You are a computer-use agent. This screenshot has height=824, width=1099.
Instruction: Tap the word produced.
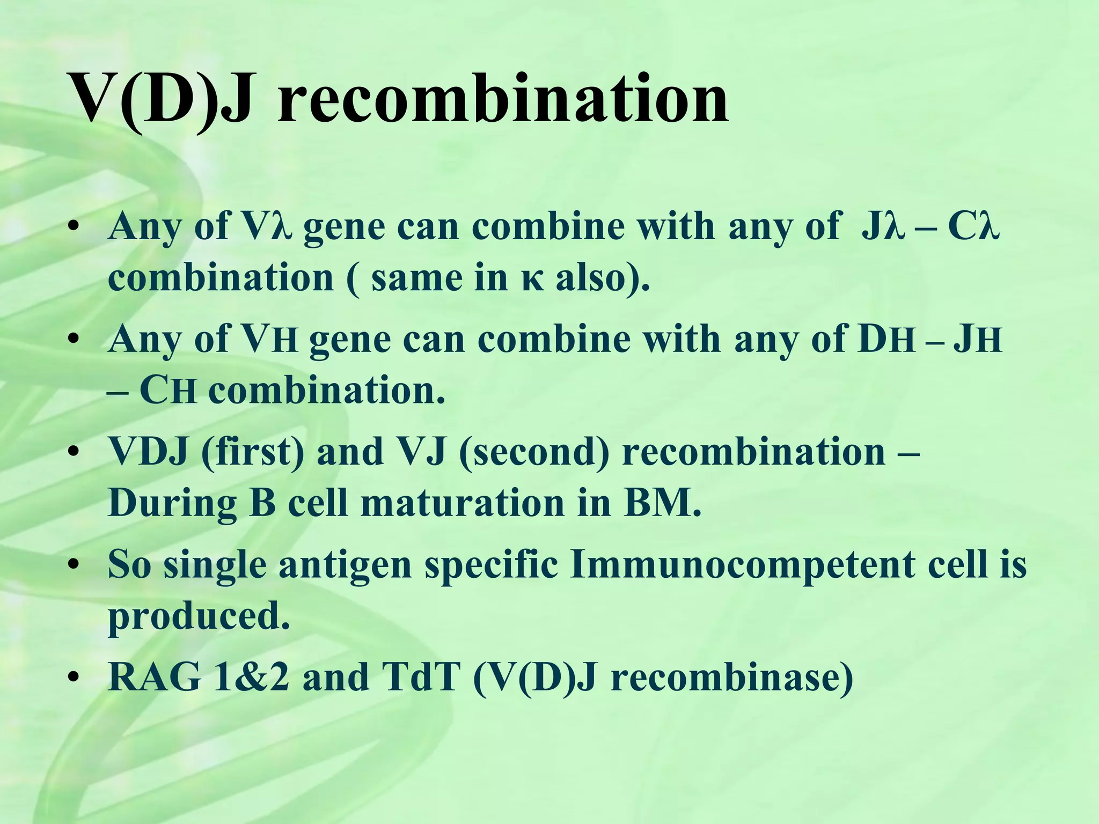[199, 617]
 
